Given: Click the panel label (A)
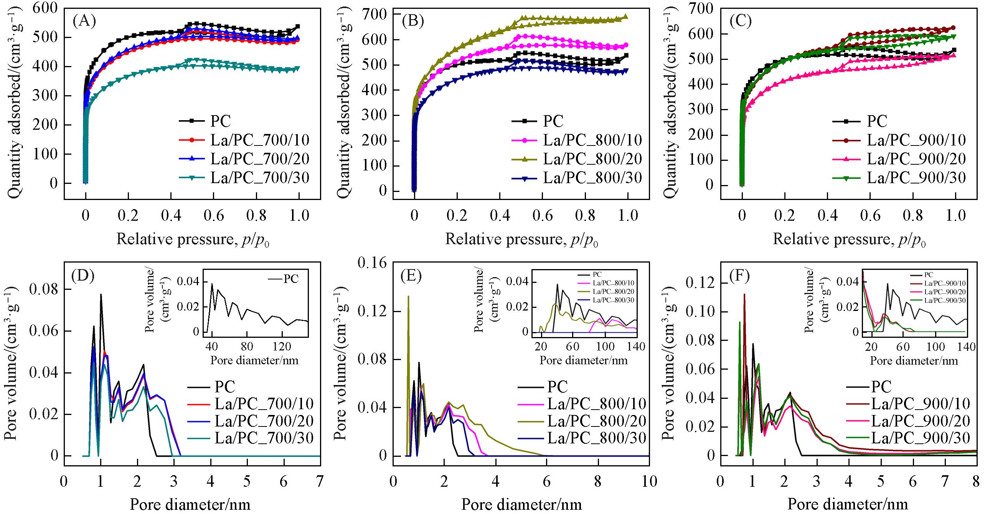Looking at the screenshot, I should point(84,21).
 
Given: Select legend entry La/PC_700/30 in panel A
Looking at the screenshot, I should point(259,178).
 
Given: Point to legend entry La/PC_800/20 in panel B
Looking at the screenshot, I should point(592,159).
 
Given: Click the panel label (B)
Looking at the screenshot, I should point(413,21).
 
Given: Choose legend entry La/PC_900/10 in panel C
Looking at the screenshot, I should point(920,140).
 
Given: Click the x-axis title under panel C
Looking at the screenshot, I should point(849,240).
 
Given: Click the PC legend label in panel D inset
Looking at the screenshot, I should point(291,279).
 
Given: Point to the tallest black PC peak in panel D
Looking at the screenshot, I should point(101,295).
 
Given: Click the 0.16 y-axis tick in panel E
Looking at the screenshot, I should point(371,263).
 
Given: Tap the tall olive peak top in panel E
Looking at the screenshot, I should point(408,296).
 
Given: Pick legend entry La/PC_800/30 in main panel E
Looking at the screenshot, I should point(597,438).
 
